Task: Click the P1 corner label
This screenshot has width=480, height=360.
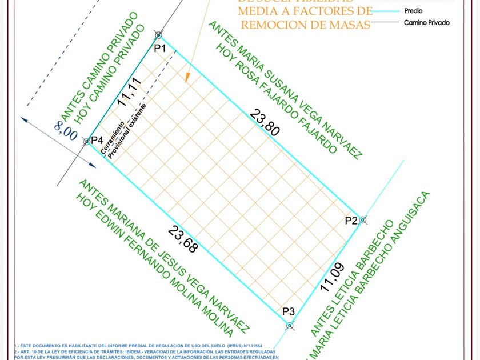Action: click(x=160, y=49)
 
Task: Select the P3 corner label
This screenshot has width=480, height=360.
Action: click(x=289, y=311)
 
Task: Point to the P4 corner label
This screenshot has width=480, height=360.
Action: click(x=97, y=141)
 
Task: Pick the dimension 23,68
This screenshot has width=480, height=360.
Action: click(x=183, y=239)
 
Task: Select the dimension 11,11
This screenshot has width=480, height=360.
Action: click(x=129, y=93)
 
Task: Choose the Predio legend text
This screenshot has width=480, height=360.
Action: click(x=414, y=11)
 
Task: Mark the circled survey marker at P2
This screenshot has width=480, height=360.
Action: click(x=362, y=219)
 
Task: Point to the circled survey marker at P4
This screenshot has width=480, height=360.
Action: click(x=87, y=141)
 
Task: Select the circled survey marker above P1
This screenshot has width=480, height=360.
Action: click(x=158, y=35)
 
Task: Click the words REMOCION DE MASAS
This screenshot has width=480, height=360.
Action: click(x=305, y=24)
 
